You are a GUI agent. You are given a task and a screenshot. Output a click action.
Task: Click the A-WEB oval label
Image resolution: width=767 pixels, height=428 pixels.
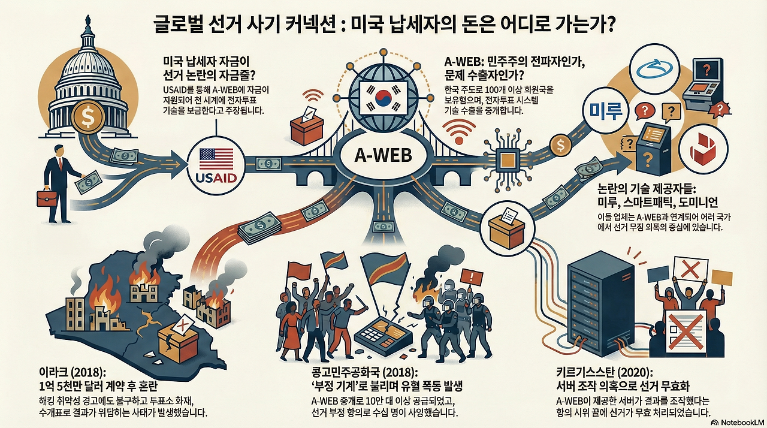[382, 156]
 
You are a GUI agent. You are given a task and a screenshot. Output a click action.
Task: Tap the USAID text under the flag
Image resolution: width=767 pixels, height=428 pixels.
[216, 178]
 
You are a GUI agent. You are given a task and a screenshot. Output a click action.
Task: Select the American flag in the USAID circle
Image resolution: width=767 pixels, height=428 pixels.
[216, 159]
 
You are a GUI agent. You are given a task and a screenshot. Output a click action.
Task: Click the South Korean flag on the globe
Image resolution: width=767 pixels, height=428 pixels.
[384, 98]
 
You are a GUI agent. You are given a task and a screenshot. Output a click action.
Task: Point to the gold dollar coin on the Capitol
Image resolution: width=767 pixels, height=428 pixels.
[89, 117]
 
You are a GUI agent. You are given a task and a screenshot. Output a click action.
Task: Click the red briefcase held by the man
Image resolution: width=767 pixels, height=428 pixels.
[47, 198]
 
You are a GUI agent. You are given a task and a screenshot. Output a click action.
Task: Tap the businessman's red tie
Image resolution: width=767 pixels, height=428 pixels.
[61, 164]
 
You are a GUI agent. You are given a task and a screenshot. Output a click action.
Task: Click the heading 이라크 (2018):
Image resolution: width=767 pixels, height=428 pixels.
[71, 372]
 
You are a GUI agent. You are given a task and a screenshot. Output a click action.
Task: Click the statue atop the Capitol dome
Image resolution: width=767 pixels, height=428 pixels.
[88, 20]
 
